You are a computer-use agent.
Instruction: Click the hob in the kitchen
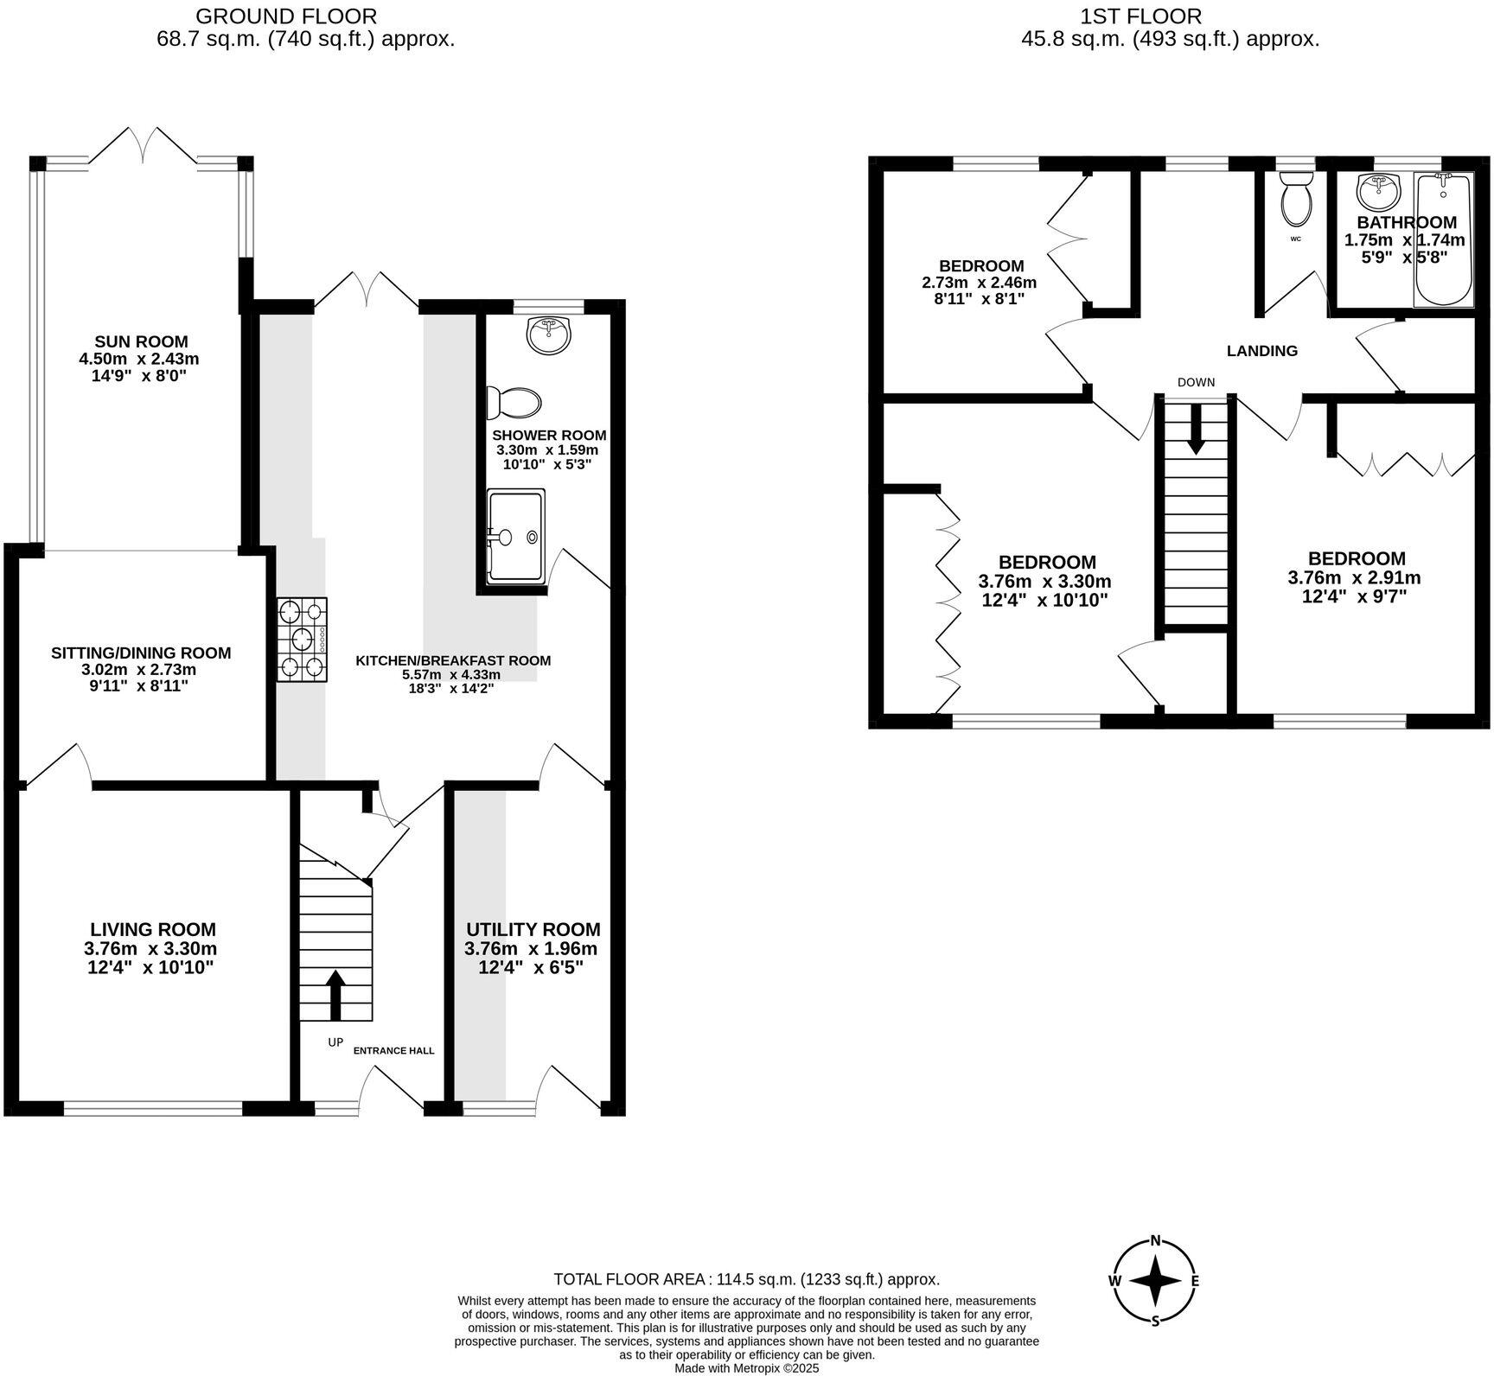[x=303, y=640]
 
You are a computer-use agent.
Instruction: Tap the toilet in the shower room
[x=514, y=402]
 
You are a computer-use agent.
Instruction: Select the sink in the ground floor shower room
[x=549, y=335]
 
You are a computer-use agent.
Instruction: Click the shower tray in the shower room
[x=516, y=537]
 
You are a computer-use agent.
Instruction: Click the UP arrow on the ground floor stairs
[x=335, y=994]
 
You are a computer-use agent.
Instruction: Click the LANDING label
[x=1262, y=351]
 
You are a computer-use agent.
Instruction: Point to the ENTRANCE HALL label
[x=393, y=1051]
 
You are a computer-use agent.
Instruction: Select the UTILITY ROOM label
[x=533, y=930]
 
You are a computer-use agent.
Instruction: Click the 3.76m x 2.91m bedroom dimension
[x=1354, y=578]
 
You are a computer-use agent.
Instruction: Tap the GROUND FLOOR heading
[x=286, y=16]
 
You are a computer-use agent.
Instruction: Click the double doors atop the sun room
[x=142, y=145]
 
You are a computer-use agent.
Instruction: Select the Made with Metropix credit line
[x=746, y=1368]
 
